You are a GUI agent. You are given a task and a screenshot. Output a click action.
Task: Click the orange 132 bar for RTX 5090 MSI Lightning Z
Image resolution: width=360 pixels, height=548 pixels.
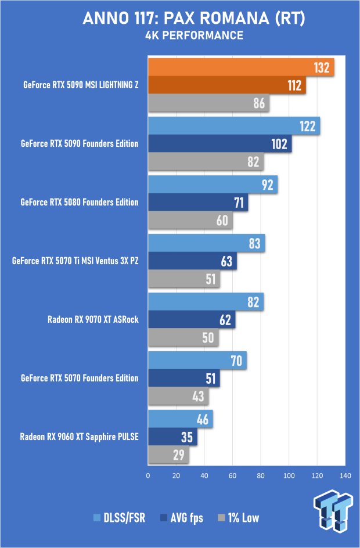(x=241, y=67)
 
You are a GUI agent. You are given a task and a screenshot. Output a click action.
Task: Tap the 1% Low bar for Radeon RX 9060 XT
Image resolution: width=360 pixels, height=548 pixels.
(x=168, y=455)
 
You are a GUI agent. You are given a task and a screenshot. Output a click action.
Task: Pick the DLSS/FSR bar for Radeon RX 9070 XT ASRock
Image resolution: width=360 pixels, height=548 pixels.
(x=206, y=302)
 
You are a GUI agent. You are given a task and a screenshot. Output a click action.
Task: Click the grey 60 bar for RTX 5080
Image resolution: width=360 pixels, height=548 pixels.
(x=190, y=220)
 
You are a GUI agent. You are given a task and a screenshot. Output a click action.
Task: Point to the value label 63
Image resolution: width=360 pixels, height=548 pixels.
(x=226, y=261)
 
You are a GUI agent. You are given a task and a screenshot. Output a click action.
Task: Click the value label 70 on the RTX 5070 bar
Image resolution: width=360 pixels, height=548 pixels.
(x=235, y=360)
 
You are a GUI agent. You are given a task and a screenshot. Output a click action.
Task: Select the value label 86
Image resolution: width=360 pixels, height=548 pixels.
(x=259, y=103)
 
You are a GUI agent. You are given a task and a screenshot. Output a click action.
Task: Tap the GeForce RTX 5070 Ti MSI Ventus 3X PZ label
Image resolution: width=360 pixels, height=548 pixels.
(x=75, y=261)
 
